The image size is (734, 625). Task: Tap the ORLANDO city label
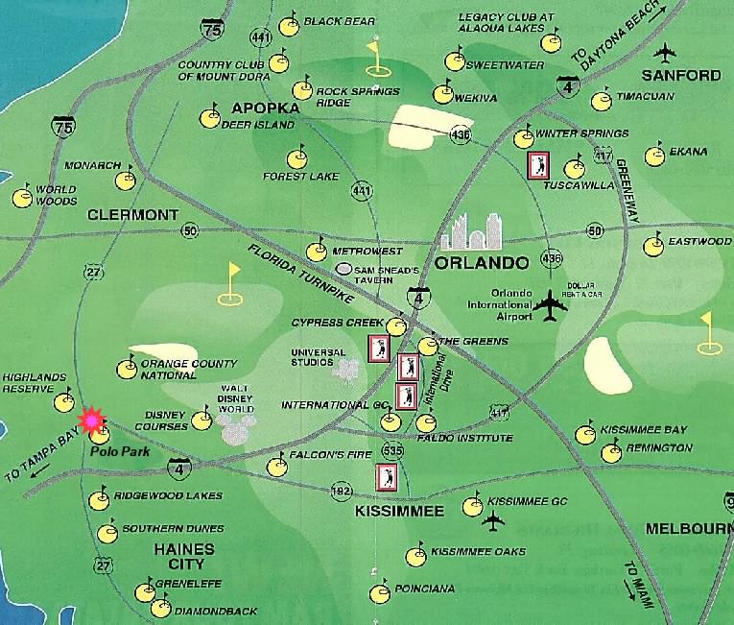click(x=482, y=262)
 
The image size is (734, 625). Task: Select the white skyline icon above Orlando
click(x=472, y=230)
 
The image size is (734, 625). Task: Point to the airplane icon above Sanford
click(x=665, y=53)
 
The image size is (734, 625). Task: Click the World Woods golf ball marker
click(x=22, y=198)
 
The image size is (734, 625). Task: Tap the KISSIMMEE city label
click(x=400, y=511)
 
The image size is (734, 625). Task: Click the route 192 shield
click(x=340, y=491)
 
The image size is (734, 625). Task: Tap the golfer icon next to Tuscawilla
click(x=538, y=165)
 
